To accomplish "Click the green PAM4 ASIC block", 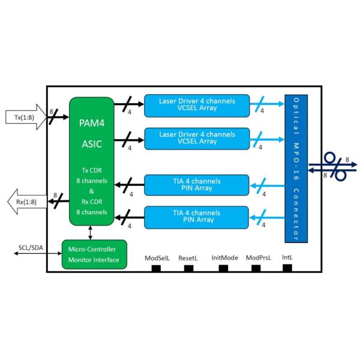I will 91,162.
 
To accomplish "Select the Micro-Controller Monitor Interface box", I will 94,254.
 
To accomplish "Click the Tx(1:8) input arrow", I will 25,115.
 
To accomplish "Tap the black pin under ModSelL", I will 156,268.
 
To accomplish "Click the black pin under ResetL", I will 188,268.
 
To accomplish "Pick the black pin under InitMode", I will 223,268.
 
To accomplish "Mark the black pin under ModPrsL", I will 258,268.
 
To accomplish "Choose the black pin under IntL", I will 287,267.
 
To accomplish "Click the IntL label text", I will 287,257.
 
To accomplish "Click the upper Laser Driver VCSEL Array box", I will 197,105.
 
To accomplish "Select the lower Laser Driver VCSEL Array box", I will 197,138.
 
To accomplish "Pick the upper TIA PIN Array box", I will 197,184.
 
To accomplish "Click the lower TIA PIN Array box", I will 197,216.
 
